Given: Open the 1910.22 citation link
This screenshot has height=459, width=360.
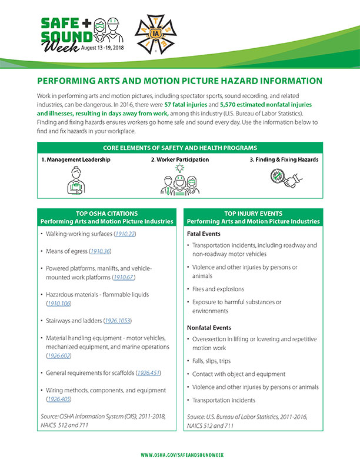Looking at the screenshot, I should click(x=125, y=234).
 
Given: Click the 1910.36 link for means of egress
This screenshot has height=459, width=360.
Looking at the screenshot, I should click(x=100, y=251).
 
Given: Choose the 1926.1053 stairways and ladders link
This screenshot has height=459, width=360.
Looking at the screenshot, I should click(x=118, y=321).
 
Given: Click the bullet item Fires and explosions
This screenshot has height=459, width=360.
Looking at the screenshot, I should click(x=218, y=289).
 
